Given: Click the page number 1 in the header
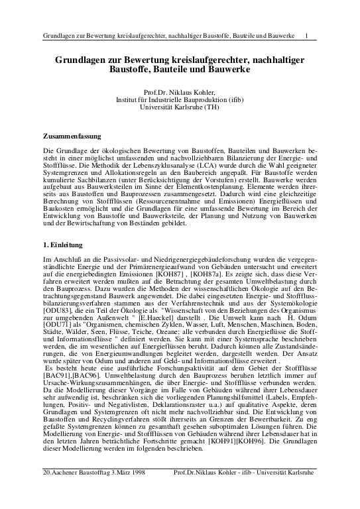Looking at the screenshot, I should click(x=306, y=35).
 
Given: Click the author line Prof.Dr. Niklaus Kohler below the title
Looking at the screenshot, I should click(x=180, y=92).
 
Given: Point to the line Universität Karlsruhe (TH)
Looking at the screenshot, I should click(x=180, y=107).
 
